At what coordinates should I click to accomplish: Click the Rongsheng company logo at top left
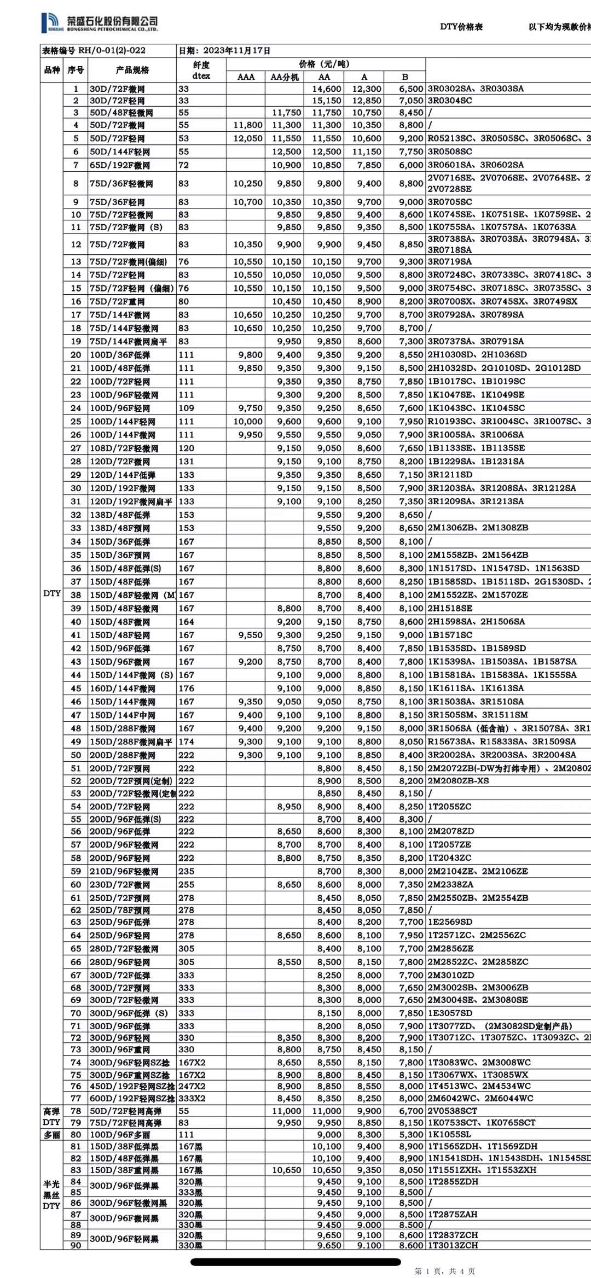coord(100,23)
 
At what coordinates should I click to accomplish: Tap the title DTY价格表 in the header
coord(461,27)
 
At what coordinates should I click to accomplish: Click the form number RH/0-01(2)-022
coord(112,50)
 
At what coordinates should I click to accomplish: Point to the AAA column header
coord(246,77)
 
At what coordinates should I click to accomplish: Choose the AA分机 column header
coord(285,77)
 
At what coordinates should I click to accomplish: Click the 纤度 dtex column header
coord(201,70)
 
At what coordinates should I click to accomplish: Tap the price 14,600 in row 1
coord(327,89)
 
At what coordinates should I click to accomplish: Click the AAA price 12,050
coord(248,138)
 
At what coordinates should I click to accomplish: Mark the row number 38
coord(76,595)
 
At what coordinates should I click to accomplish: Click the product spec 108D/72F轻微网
coord(124,448)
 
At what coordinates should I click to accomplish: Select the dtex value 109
coord(186,408)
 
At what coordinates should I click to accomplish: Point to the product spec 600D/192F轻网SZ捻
coord(131,1099)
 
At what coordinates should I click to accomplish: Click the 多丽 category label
coord(52,1135)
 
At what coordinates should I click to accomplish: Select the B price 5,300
coord(411,1135)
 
